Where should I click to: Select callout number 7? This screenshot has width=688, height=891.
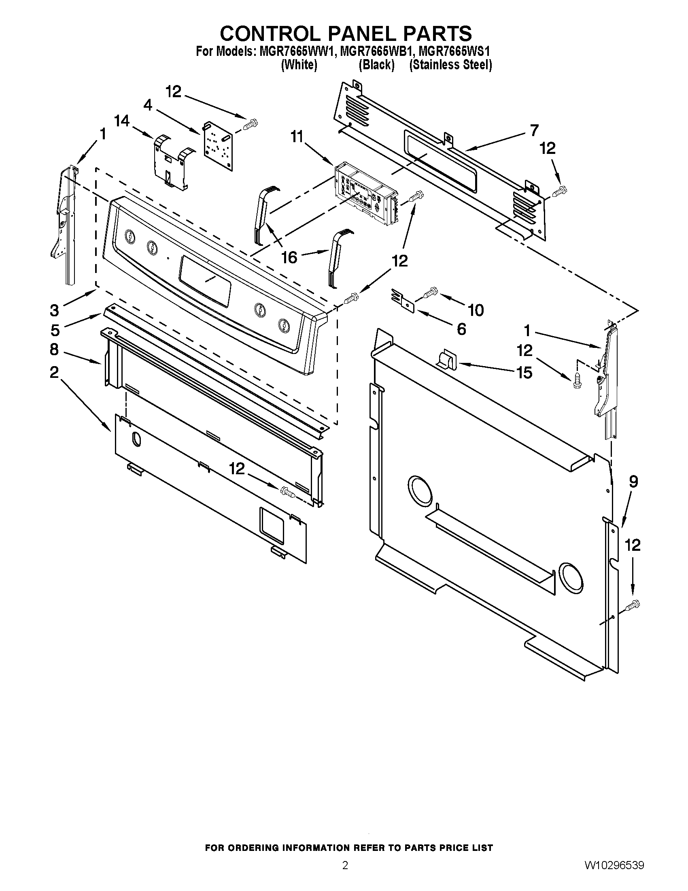pos(534,130)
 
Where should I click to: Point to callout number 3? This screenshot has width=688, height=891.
pos(55,311)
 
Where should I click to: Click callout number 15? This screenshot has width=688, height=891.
pos(524,372)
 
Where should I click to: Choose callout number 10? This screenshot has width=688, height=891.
pos(476,310)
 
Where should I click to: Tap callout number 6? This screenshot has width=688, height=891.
pos(461,329)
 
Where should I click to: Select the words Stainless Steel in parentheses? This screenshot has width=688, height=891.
pos(450,65)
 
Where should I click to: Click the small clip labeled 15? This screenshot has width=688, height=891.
pos(447,358)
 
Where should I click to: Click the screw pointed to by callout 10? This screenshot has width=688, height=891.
pos(429,292)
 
